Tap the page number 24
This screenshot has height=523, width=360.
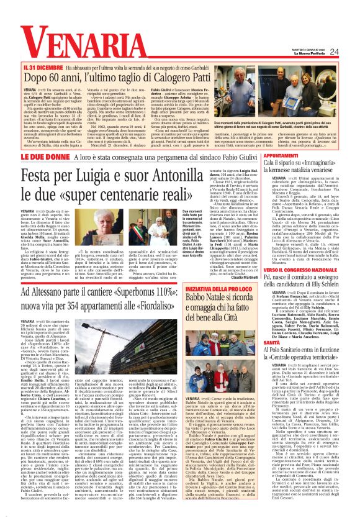coord(351,51)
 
